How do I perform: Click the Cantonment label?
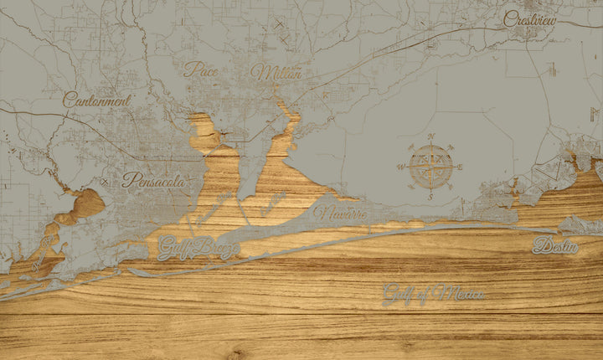tap(97, 100)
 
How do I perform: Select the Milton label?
tap(276, 73)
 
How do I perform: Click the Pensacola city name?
tap(152, 179)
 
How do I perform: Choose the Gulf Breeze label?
tap(198, 247)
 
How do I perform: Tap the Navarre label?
tap(342, 213)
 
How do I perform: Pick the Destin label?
tap(555, 246)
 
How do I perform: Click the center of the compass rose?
tap(431, 167)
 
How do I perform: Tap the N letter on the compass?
tap(431, 136)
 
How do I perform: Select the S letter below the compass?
tap(431, 197)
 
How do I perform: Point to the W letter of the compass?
tap(399, 167)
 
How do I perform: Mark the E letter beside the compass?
tap(461, 167)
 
